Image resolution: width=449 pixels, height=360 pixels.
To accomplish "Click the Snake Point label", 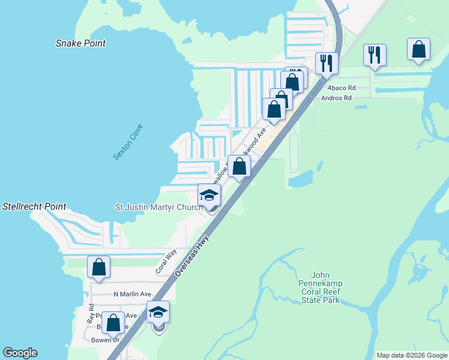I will click(x=80, y=43).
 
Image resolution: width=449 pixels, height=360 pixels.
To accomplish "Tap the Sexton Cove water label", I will click(x=128, y=142).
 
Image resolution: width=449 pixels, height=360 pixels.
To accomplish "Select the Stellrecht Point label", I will click(x=34, y=206).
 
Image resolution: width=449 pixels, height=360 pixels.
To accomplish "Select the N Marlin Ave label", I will click(x=132, y=294).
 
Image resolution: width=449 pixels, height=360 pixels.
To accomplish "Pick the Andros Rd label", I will click(x=336, y=98).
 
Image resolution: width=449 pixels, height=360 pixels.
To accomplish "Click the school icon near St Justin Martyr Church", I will click(x=209, y=195).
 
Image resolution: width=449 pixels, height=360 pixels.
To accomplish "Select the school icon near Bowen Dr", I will click(x=158, y=312).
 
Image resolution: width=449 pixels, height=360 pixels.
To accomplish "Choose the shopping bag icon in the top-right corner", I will click(x=419, y=50).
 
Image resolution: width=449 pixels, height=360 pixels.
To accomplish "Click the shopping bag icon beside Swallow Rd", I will click(x=239, y=166).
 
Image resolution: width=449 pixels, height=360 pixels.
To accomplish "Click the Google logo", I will click(x=20, y=353).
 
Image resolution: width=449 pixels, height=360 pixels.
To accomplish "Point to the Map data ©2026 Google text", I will click(x=411, y=355).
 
